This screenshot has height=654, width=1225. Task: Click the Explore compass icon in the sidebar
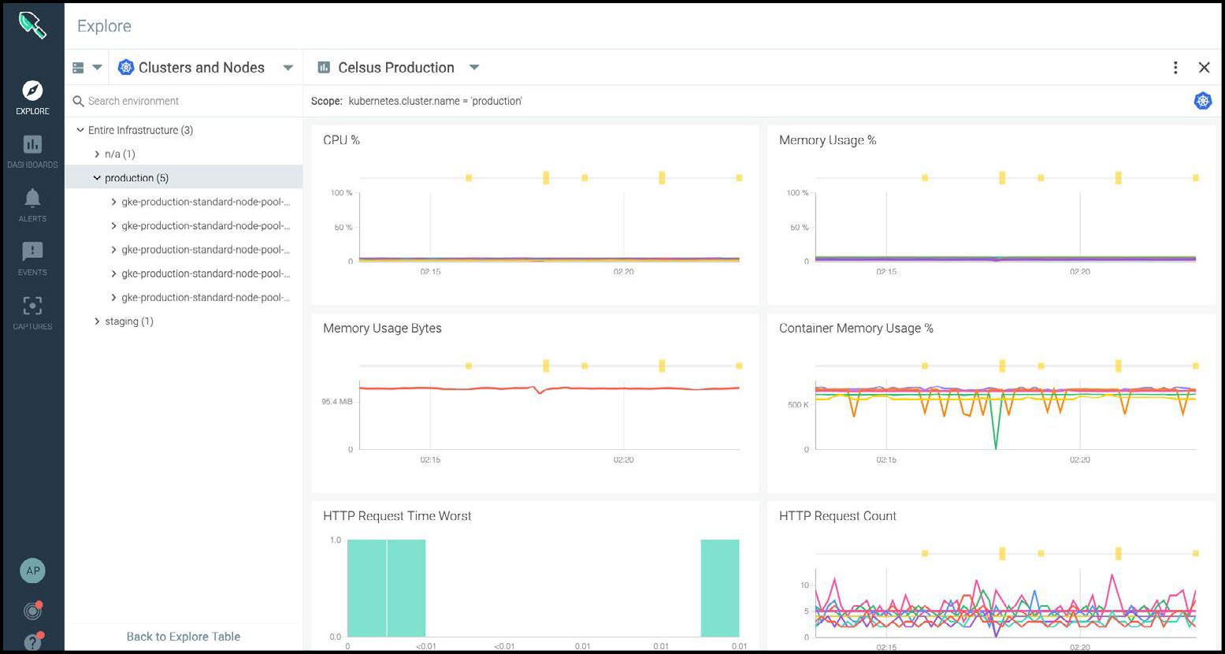tap(32, 91)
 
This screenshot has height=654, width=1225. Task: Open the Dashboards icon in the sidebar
tap(32, 145)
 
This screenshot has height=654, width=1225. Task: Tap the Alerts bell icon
tap(32, 198)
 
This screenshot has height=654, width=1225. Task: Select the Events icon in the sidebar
tap(32, 251)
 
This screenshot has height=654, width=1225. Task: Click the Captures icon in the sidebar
tap(32, 306)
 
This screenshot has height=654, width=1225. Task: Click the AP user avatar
tap(32, 571)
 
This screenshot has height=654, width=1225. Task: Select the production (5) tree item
tap(136, 178)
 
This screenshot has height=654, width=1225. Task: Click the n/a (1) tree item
tap(120, 154)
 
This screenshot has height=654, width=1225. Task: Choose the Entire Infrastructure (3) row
tap(140, 130)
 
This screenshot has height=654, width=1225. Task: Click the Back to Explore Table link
tap(184, 637)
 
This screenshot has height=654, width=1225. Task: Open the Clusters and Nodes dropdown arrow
tap(288, 68)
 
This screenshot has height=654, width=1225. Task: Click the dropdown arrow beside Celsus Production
tap(474, 68)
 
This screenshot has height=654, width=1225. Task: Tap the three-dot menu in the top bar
tap(1175, 68)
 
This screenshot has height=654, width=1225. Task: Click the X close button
tap(1204, 68)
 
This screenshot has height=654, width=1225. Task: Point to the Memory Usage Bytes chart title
tap(382, 329)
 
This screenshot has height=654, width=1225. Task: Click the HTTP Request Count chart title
tap(837, 516)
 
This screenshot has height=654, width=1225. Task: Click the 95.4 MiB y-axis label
tap(337, 402)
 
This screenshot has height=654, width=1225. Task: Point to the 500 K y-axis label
tap(797, 405)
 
